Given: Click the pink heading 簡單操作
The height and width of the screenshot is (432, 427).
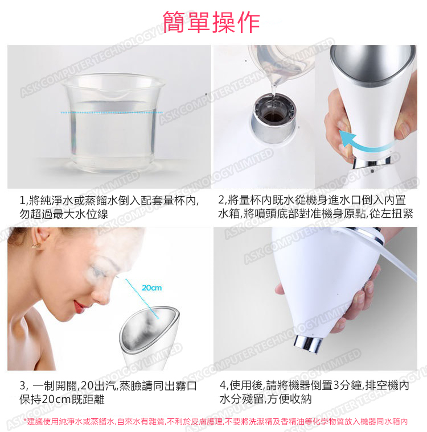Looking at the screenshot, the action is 211,22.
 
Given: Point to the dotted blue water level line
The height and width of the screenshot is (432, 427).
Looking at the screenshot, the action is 112,113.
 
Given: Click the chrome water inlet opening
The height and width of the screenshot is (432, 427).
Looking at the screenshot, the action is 273,118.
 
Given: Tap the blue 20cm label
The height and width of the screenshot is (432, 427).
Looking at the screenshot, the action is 151,288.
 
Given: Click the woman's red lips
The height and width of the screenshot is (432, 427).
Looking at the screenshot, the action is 79,306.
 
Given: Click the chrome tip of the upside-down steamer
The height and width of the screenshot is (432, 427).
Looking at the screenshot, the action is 309,344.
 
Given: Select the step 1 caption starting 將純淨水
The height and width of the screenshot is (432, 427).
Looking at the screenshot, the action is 109,207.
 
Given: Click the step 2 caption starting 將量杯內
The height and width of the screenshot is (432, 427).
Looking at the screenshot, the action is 315,207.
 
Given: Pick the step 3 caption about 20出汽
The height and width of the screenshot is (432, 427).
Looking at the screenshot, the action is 108,392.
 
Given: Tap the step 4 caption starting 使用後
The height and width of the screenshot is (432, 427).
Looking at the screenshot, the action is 314,392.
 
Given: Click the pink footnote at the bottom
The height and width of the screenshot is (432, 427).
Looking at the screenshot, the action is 216,421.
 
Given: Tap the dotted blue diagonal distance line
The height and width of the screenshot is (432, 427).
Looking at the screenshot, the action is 142,299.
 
